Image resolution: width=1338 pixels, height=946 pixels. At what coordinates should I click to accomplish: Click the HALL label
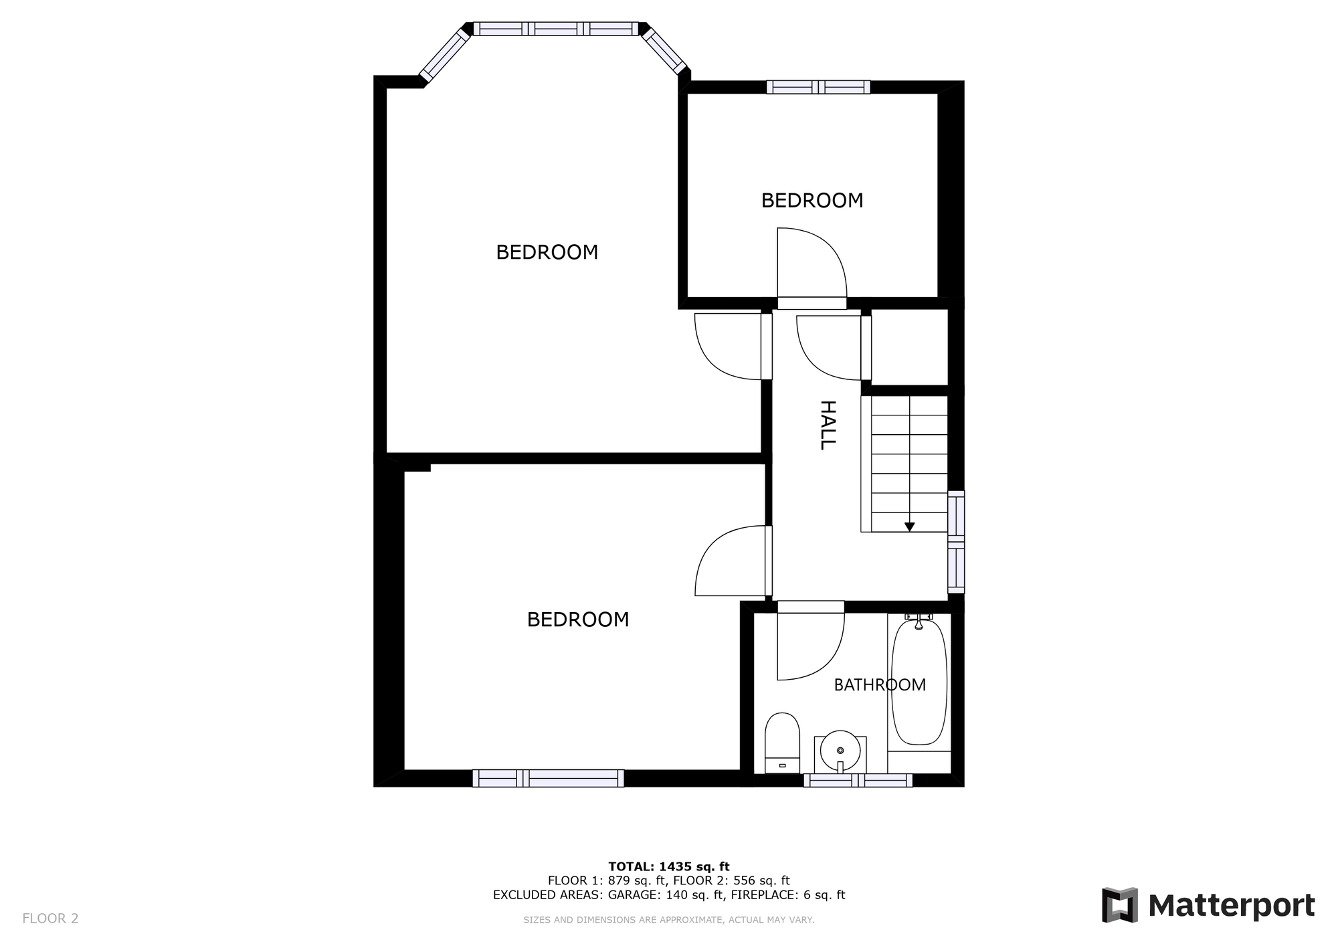pyautogui.click(x=828, y=425)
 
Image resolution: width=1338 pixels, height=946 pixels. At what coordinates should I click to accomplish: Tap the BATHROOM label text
pyautogui.click(x=879, y=684)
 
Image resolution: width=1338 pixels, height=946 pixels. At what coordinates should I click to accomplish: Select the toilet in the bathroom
pyautogui.click(x=782, y=743)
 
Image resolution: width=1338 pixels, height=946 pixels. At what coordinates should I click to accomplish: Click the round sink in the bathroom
pyautogui.click(x=840, y=750)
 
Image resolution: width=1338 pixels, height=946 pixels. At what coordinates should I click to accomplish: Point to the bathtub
pyautogui.click(x=919, y=682)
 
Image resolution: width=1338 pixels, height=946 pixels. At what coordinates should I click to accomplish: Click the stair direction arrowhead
pyautogui.click(x=909, y=527)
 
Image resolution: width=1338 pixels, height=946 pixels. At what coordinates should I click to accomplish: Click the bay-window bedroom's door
pyautogui.click(x=729, y=346)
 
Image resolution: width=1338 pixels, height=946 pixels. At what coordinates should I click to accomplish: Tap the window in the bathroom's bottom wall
pyautogui.click(x=858, y=780)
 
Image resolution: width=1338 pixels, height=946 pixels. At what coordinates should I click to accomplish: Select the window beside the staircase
pyautogui.click(x=957, y=542)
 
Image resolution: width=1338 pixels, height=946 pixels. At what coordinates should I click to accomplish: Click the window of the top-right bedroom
pyautogui.click(x=818, y=87)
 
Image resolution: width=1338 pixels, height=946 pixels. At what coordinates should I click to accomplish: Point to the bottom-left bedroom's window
pyautogui.click(x=548, y=778)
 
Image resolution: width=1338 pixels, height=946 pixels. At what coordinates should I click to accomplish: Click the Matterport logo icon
pyautogui.click(x=1120, y=905)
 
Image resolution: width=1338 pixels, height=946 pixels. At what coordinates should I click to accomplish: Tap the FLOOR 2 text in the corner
pyautogui.click(x=50, y=919)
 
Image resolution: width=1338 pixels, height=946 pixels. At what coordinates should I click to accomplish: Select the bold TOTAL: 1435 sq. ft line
pyautogui.click(x=668, y=866)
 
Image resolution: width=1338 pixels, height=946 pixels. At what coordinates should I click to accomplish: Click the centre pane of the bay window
pyautogui.click(x=555, y=29)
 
